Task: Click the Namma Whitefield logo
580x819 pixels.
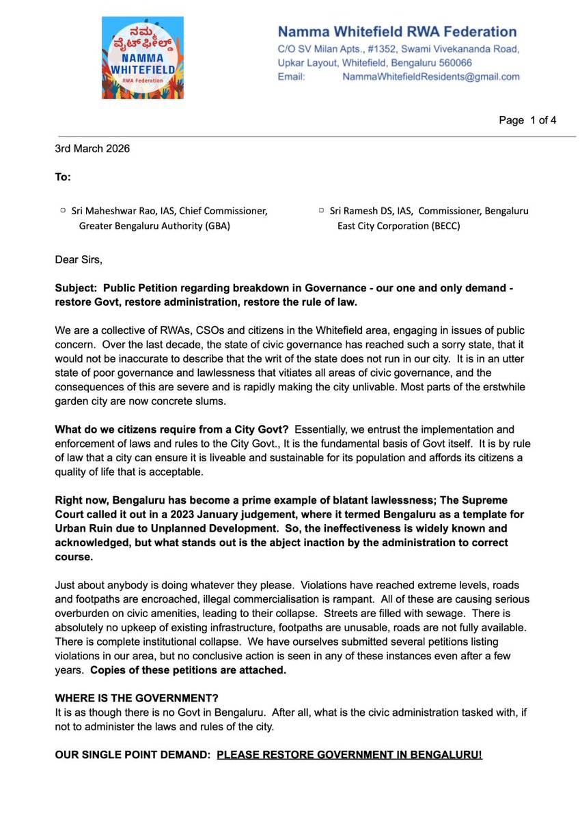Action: coord(143,58)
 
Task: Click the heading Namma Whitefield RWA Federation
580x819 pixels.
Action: coord(397,31)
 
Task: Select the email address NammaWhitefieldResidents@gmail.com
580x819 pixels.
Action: coord(431,77)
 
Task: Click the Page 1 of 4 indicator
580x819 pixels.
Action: coord(527,120)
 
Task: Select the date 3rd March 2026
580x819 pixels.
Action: coord(92,148)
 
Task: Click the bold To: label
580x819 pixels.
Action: coord(63,177)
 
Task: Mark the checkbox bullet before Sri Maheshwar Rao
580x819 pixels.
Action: coord(62,212)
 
